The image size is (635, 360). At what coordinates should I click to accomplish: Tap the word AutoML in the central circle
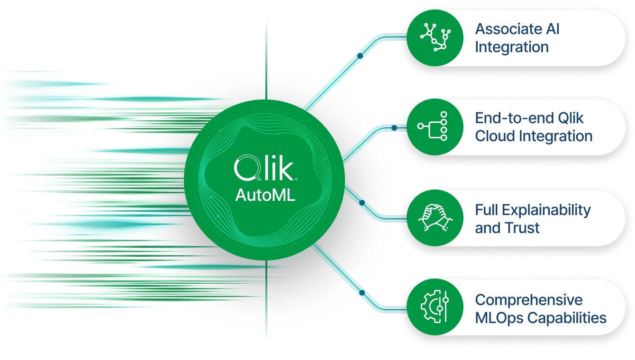tap(265, 195)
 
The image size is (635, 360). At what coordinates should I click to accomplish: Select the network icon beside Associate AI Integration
tap(435, 37)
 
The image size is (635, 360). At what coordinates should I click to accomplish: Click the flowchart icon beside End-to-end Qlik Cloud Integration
tap(435, 127)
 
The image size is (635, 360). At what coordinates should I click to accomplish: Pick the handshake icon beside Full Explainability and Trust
tap(435, 218)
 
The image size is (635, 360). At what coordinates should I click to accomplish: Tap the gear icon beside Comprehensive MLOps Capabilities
tap(435, 307)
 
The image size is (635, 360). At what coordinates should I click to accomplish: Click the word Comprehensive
tap(529, 300)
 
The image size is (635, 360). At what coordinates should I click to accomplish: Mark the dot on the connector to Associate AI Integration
tap(360, 56)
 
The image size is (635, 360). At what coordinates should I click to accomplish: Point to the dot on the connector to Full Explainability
tap(362, 203)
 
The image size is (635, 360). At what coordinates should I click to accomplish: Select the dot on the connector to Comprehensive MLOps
tap(362, 293)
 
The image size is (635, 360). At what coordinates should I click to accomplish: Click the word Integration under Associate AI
tap(512, 47)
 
